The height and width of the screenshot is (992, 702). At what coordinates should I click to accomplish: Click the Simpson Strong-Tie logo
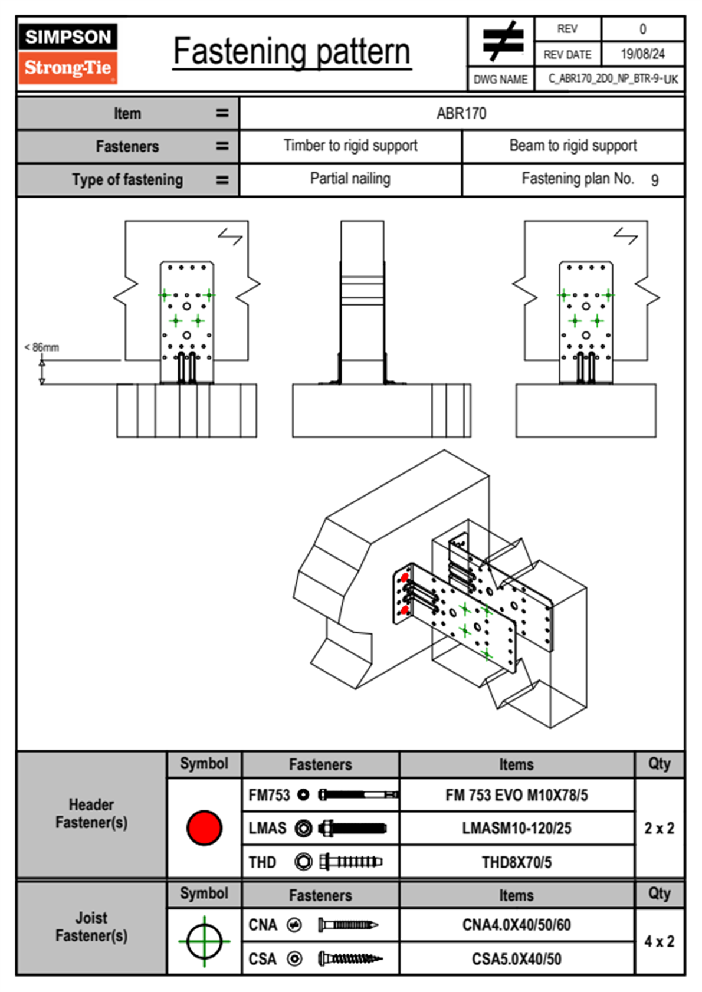68,53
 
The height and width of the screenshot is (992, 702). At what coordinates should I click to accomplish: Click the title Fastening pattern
291,52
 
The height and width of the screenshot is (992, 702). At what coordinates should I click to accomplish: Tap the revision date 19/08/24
642,54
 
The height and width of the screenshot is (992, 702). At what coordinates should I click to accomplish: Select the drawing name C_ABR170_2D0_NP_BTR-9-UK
612,79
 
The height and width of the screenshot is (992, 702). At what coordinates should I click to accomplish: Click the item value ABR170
461,113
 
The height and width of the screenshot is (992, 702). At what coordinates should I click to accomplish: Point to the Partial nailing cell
350,179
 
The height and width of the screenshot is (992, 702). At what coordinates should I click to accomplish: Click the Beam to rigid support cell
573,146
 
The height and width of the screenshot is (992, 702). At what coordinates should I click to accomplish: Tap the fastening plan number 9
654,180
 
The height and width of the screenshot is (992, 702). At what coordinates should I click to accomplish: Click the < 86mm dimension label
42,347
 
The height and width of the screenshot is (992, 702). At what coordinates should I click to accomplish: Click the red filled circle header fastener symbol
204,827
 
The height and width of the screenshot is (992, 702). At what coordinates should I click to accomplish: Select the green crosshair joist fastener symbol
204,941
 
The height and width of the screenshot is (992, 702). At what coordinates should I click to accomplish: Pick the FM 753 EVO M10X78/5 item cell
516,795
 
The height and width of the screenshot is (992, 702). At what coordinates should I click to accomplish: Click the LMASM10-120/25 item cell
516,828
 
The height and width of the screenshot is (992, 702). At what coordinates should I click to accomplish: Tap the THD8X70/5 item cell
516,862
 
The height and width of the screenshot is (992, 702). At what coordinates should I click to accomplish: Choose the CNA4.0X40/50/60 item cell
516,925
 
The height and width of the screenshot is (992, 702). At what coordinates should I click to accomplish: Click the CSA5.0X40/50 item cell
516,959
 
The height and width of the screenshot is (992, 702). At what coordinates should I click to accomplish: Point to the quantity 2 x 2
659,828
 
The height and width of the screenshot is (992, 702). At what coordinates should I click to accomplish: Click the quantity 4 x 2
659,941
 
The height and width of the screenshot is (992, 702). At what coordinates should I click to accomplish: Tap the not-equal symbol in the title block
502,41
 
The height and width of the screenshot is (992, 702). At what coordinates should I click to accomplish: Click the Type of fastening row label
127,180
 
